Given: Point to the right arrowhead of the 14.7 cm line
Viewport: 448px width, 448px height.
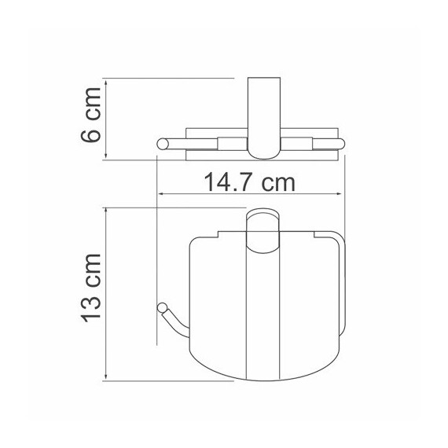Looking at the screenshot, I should coord(340,195).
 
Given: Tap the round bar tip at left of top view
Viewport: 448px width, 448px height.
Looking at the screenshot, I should coord(163,143).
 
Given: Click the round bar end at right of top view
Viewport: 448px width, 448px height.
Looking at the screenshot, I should coord(340,143).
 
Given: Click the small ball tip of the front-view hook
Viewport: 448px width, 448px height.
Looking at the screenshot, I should coord(163,307).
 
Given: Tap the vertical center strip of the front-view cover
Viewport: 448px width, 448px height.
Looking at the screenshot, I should coord(263,314).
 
